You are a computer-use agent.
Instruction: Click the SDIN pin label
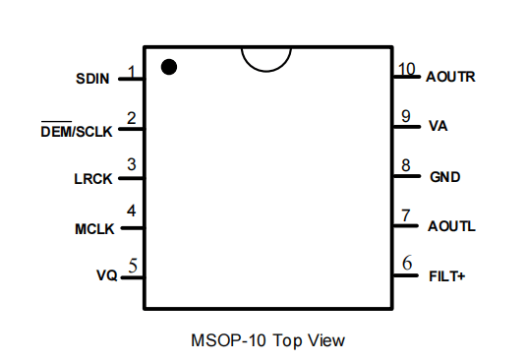(x=92, y=79)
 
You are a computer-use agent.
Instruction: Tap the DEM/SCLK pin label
(x=77, y=130)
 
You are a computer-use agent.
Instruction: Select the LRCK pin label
(x=93, y=179)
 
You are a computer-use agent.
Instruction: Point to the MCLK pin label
(x=94, y=229)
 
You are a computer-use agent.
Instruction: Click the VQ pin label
(x=106, y=275)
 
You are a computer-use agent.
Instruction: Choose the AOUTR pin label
(x=450, y=77)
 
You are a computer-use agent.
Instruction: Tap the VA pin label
(x=438, y=126)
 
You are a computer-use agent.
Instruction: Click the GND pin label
(x=445, y=177)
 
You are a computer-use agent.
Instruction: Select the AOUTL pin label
(x=451, y=226)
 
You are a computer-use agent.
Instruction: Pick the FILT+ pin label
(x=447, y=276)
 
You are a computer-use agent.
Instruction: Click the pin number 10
(x=407, y=69)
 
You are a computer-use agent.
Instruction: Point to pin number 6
(x=407, y=263)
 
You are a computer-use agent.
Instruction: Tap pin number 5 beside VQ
(x=133, y=266)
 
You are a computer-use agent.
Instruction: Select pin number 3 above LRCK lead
(x=132, y=164)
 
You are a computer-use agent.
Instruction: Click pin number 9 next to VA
(x=406, y=116)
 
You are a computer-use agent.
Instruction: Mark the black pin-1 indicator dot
(x=169, y=67)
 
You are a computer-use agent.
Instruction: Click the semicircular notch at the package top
(x=266, y=71)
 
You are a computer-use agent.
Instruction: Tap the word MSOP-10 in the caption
(x=229, y=340)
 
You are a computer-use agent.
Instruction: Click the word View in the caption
(x=326, y=340)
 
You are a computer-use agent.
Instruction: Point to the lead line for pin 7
(x=406, y=226)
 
